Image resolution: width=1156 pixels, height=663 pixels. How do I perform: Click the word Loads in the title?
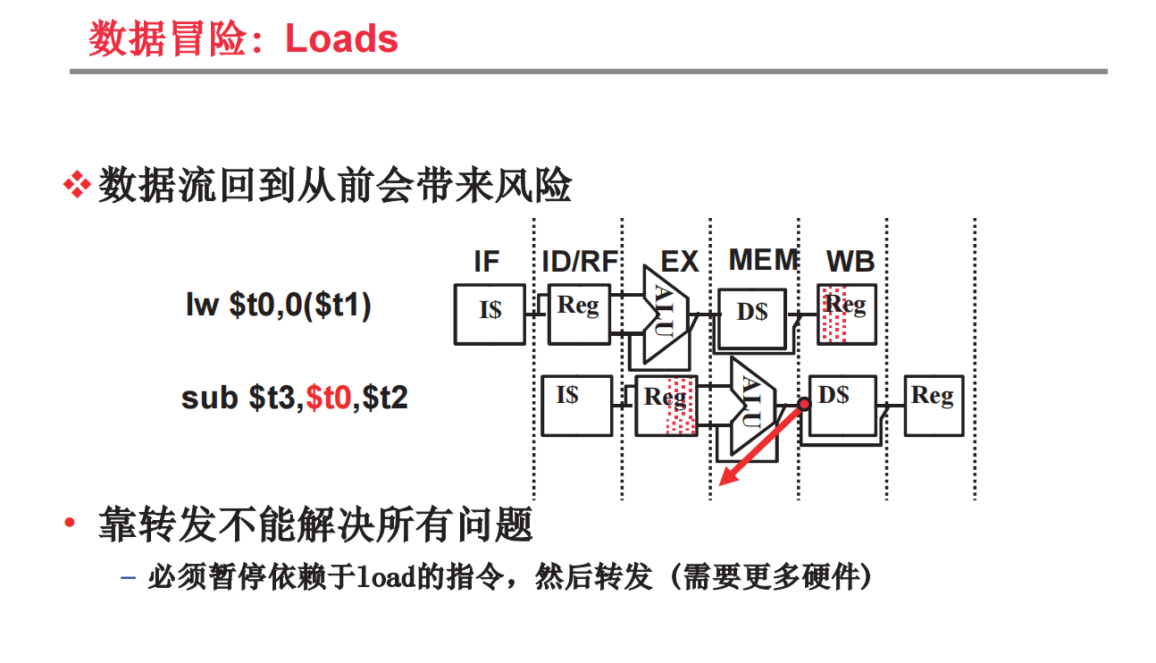(341, 39)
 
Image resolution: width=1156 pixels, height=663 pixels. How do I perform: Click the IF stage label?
(486, 262)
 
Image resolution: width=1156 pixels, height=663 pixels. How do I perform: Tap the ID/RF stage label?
(580, 262)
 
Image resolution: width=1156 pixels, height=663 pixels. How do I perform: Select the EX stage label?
(679, 262)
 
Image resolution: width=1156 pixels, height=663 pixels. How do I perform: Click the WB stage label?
(850, 262)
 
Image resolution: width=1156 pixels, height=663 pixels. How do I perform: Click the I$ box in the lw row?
(490, 314)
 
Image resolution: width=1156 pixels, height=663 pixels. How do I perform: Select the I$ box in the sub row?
(577, 405)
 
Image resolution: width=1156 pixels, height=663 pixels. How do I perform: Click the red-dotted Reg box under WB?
(846, 314)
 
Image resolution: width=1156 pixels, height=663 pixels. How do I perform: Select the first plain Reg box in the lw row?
(578, 314)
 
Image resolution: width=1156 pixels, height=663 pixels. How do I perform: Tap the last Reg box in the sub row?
(933, 405)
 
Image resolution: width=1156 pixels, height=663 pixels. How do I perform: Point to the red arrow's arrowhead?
(727, 478)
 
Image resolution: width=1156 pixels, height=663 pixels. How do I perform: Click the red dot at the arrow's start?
(803, 405)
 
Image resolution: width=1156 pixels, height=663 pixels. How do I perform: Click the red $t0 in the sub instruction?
(328, 398)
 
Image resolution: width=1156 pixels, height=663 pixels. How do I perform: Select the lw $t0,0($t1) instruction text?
(278, 306)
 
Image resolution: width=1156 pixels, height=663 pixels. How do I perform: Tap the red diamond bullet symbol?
(77, 187)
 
